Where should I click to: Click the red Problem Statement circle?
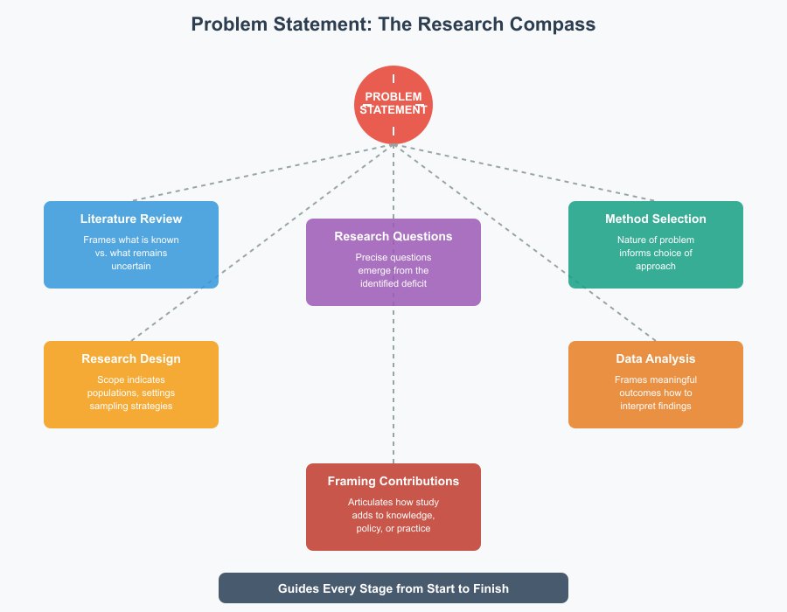click(x=393, y=105)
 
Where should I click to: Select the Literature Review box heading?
click(x=131, y=219)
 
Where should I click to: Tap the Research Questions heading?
click(x=393, y=236)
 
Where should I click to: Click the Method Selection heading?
click(x=656, y=219)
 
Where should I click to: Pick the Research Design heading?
click(x=131, y=358)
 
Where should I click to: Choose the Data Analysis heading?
click(x=656, y=358)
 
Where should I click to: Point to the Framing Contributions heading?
click(x=393, y=481)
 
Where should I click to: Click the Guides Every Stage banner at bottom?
click(x=393, y=588)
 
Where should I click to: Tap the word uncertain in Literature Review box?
click(x=131, y=266)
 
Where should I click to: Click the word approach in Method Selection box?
click(x=656, y=266)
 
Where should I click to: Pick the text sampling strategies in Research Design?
click(x=131, y=406)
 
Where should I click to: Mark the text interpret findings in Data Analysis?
click(x=656, y=406)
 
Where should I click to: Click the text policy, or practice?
click(x=393, y=528)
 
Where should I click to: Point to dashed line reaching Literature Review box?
click(x=262, y=172)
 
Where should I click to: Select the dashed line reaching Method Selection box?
click(x=525, y=172)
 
